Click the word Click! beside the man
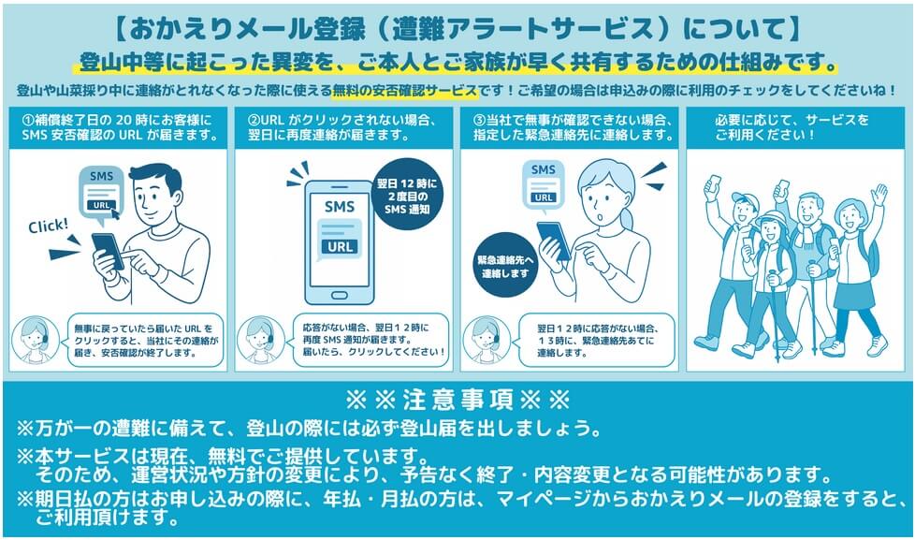(x=49, y=226)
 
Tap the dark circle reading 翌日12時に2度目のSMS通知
(x=407, y=195)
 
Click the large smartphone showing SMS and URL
(x=340, y=242)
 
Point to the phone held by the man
(x=108, y=251)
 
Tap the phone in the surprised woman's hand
(x=553, y=240)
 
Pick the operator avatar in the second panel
(x=261, y=341)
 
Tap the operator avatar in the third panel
(x=487, y=341)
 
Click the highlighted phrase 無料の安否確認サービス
(x=405, y=91)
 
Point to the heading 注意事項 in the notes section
(x=458, y=400)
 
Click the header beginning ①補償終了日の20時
(x=119, y=128)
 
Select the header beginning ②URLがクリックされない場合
(x=343, y=128)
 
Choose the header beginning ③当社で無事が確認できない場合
(x=570, y=128)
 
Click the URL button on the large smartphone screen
(x=340, y=246)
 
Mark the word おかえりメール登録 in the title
(x=240, y=30)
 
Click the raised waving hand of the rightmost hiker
(x=879, y=193)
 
